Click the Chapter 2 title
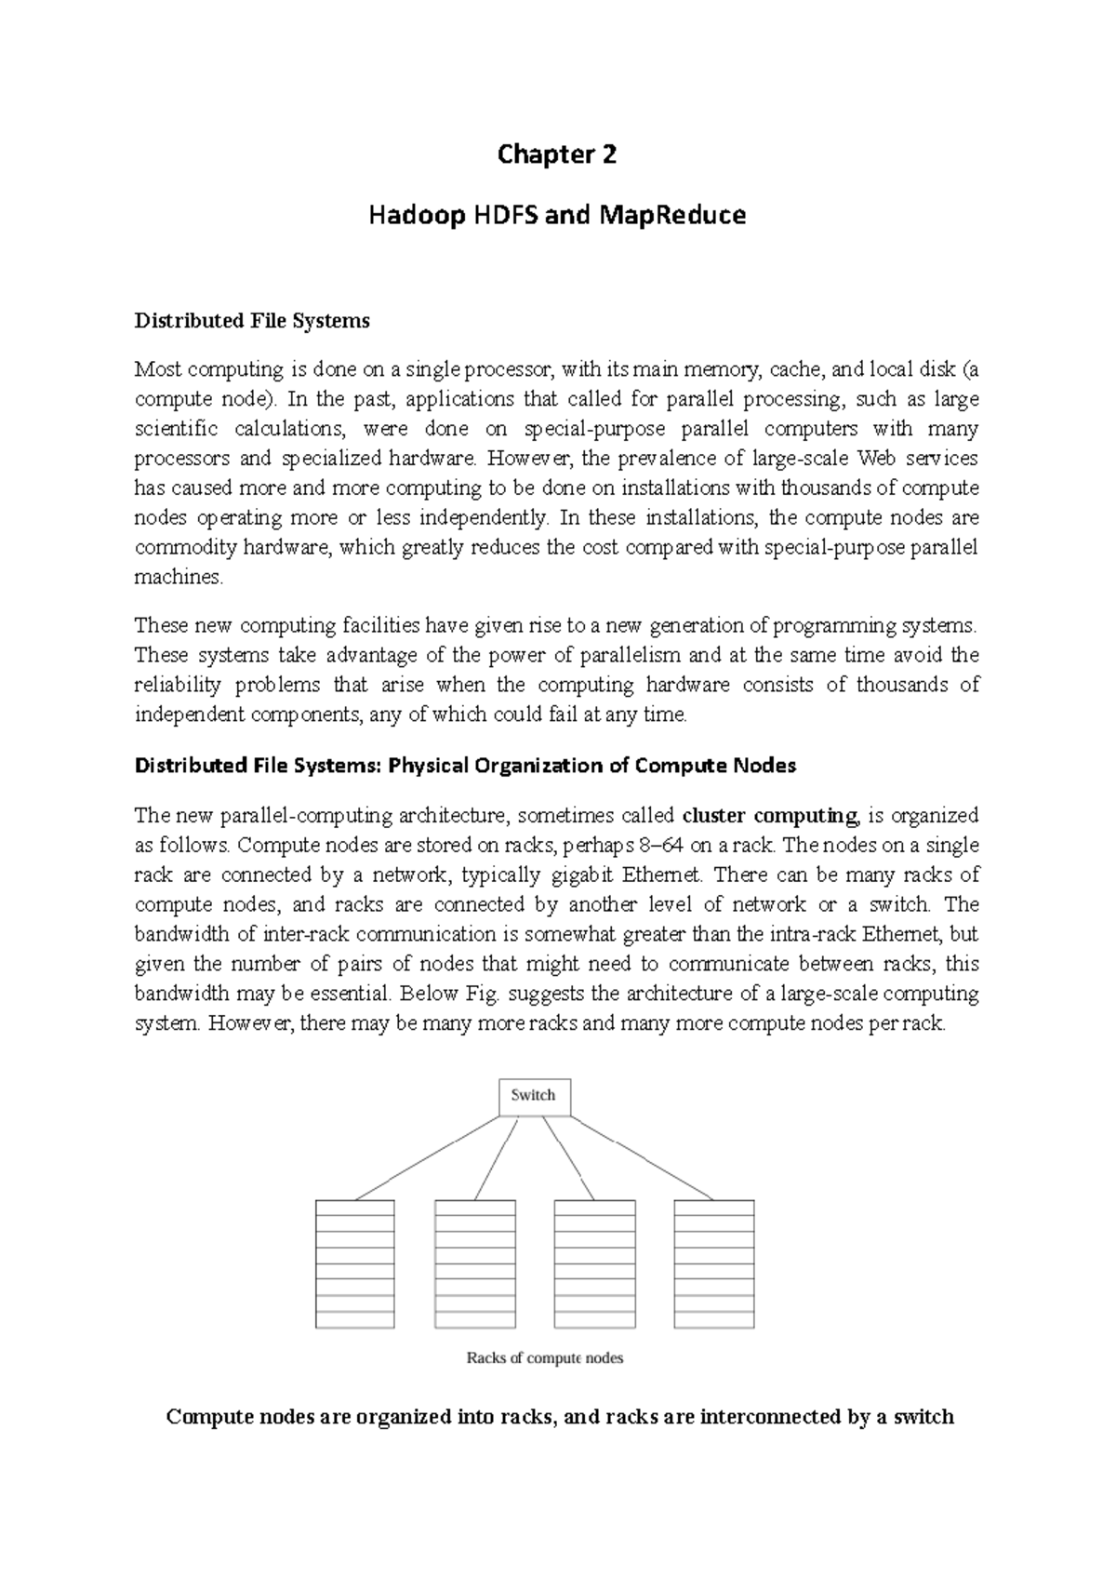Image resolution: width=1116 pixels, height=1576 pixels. coord(556,154)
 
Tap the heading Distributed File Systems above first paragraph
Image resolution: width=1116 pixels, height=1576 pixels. coord(252,321)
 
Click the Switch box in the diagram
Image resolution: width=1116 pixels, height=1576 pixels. coord(534,1097)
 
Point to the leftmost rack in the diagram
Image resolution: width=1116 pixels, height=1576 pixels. coord(355,1263)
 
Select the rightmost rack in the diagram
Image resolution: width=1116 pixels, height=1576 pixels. coord(713,1263)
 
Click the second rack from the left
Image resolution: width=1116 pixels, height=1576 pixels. coord(475,1263)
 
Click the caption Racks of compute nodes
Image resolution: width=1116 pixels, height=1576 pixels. coord(544,1357)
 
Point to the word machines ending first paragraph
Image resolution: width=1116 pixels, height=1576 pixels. coord(179,578)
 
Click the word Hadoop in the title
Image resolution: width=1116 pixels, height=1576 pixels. coord(407,216)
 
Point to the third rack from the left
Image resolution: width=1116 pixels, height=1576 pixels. coord(594,1263)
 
